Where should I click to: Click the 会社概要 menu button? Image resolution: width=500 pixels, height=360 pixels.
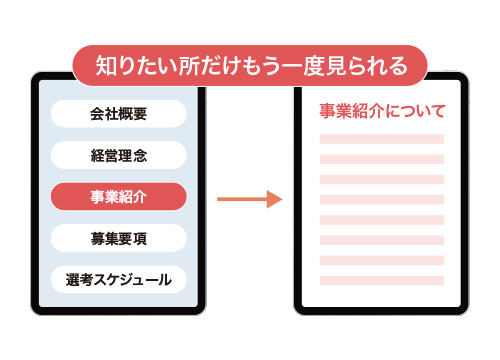pyautogui.click(x=118, y=114)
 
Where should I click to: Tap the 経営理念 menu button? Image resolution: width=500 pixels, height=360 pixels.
pyautogui.click(x=118, y=155)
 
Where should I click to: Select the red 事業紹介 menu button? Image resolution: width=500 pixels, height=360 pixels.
pyautogui.click(x=118, y=197)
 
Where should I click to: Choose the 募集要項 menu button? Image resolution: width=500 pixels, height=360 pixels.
pyautogui.click(x=118, y=238)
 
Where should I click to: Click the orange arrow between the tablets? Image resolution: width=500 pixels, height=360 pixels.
pyautogui.click(x=250, y=199)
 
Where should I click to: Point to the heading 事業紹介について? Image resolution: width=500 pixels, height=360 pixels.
pyautogui.click(x=382, y=111)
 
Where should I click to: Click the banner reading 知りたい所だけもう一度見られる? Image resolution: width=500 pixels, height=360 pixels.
pyautogui.click(x=250, y=66)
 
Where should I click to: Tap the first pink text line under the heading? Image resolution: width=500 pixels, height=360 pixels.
pyautogui.click(x=382, y=139)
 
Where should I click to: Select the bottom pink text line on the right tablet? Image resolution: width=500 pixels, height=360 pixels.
pyautogui.click(x=382, y=281)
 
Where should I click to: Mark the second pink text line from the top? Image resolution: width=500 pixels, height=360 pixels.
pyautogui.click(x=382, y=159)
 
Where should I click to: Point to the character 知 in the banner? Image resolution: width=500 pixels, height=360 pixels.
pyautogui.click(x=106, y=66)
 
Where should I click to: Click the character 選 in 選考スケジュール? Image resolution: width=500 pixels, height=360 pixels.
pyautogui.click(x=72, y=280)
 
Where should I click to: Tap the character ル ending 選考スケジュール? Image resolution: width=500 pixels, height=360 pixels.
pyautogui.click(x=165, y=280)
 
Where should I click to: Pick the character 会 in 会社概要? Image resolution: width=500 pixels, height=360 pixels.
pyautogui.click(x=97, y=114)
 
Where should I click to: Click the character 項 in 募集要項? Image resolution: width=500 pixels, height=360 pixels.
pyautogui.click(x=140, y=238)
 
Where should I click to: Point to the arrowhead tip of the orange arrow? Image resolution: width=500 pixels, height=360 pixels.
pyautogui.click(x=282, y=199)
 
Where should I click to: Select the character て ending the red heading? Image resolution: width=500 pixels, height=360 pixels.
pyautogui.click(x=437, y=111)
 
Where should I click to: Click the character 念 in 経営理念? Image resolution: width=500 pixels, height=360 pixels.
pyautogui.click(x=140, y=155)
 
